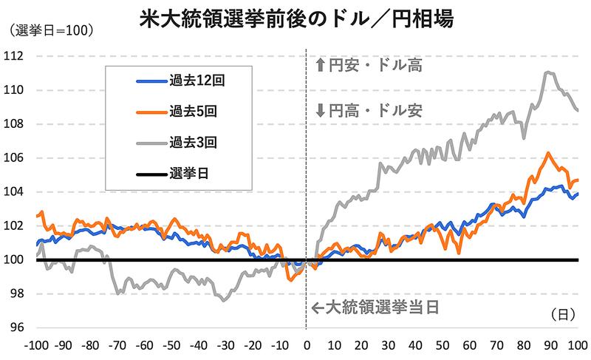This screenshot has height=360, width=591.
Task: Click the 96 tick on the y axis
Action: tap(17, 327)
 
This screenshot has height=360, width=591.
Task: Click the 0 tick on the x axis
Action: tap(306, 345)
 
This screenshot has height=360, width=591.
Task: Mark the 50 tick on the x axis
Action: tap(442, 345)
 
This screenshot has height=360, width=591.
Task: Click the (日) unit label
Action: tap(563, 314)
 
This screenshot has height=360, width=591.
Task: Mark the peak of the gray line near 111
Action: tap(547, 72)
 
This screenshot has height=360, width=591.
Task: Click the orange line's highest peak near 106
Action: tap(547, 153)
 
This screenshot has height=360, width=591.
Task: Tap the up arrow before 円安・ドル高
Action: tap(320, 66)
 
